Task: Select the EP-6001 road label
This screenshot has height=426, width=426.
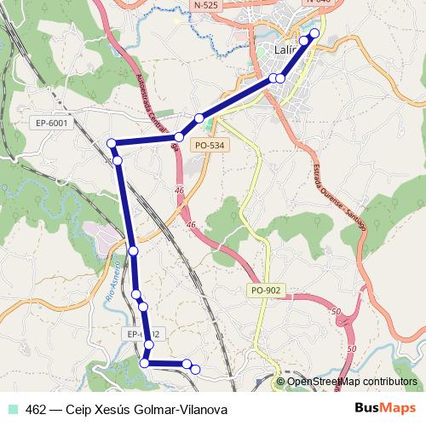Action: (x=52, y=124)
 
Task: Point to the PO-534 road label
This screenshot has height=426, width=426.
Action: (x=210, y=146)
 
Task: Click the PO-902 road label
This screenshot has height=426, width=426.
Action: (x=265, y=291)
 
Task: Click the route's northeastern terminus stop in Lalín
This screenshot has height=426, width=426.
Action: (x=314, y=33)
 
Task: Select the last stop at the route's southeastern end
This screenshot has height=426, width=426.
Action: (x=195, y=369)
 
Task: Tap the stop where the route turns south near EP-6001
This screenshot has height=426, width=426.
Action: (x=112, y=142)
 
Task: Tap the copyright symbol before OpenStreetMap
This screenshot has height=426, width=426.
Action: (x=282, y=382)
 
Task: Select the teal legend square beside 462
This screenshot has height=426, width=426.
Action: (x=12, y=410)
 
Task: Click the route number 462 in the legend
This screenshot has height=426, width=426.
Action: (x=36, y=410)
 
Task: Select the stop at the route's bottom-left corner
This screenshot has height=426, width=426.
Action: (x=144, y=363)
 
